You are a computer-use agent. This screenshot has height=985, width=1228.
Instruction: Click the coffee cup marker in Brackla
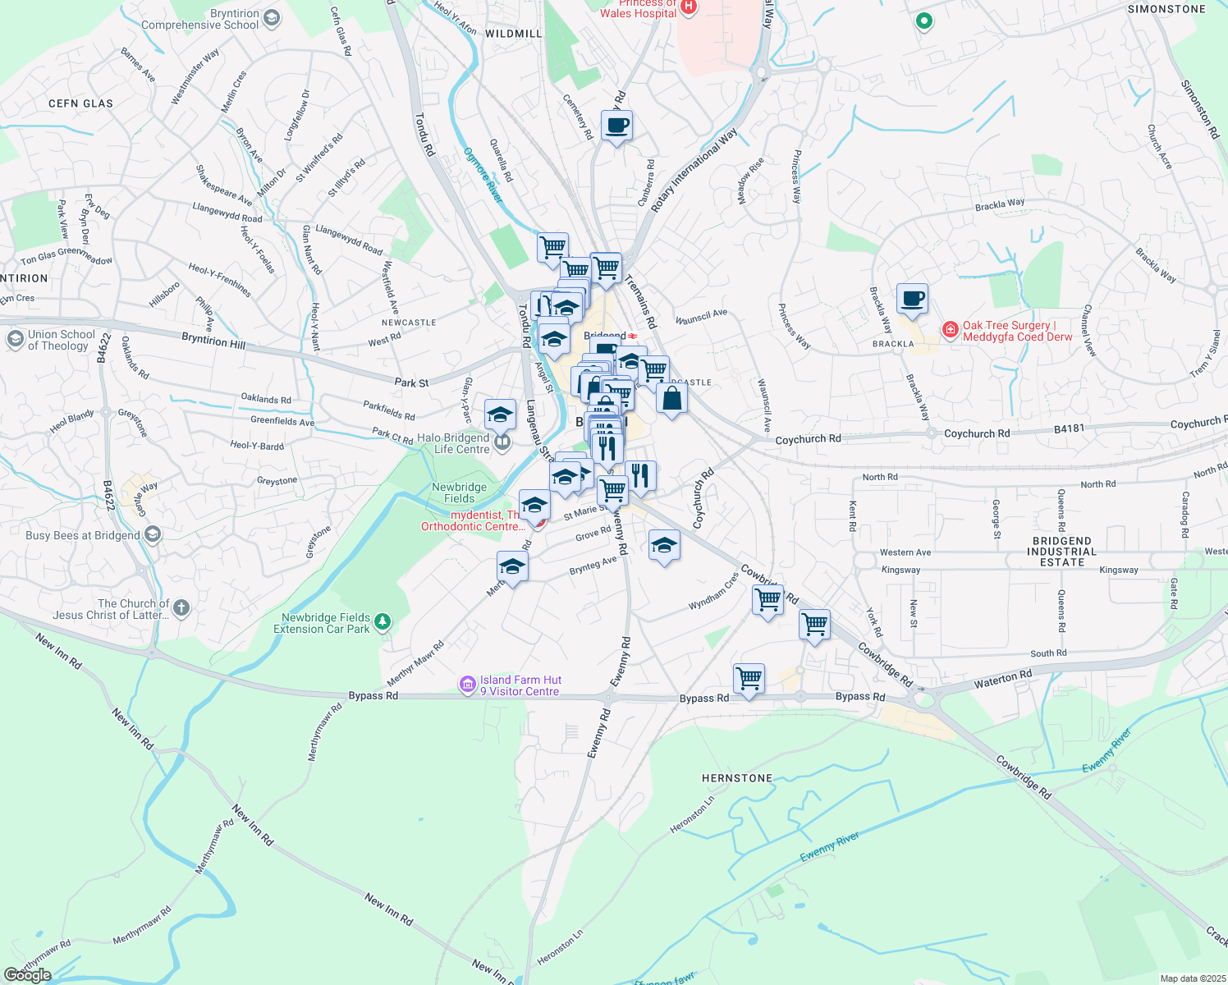pos(912,299)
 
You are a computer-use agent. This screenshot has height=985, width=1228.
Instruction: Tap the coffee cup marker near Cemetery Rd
pos(616,126)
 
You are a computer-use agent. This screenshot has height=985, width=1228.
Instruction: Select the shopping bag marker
pos(671,400)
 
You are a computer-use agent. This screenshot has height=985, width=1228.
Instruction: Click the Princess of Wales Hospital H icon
pos(689,7)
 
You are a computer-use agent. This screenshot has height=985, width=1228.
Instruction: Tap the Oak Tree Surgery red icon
pos(951,330)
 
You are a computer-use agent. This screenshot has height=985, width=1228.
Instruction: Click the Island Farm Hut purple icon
pos(468,684)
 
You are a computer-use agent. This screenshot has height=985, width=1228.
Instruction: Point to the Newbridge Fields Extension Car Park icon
pos(382,623)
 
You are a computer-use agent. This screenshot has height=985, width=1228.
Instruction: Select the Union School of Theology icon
pos(15,339)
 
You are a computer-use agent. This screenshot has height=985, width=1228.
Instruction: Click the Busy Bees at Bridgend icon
pos(152,535)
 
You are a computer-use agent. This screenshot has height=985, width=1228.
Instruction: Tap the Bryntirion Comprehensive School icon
pos(272,18)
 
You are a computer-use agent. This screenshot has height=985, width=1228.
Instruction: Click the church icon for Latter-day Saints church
pos(181,608)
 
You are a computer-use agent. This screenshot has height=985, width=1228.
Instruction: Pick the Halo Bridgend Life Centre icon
pos(502,443)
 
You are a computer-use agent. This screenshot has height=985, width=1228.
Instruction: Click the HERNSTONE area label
pos(736,778)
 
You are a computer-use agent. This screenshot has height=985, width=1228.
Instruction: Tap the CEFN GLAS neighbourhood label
pos(80,103)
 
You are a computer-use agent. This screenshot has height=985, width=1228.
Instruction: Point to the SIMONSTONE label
pos(1166,9)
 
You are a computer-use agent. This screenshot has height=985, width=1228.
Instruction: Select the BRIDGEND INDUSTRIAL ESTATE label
pos(1061,552)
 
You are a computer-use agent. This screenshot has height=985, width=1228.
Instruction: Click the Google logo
pos(27,975)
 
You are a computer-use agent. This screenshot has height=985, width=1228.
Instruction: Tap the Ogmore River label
pos(483,175)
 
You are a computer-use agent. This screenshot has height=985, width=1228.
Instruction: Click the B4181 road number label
pos(1070,428)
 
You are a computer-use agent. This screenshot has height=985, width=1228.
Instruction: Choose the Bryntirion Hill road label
pos(213,340)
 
